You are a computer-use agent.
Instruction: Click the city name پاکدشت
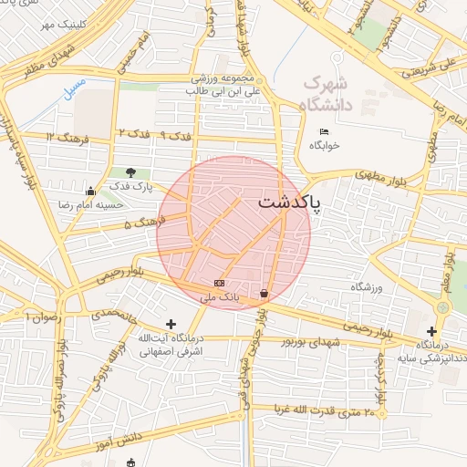pos(289,202)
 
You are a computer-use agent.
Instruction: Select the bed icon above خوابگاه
pos(325,132)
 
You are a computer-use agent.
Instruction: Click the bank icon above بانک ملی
pos(219,284)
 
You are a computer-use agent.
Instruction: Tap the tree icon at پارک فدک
pos(131,172)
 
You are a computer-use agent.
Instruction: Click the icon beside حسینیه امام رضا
pos(89,192)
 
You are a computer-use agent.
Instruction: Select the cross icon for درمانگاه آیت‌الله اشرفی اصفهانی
pos(171,324)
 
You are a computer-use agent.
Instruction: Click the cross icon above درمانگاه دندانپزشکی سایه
pos(431,331)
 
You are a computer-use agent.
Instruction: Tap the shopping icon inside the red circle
pos(265,294)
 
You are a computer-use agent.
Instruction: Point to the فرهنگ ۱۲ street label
pos(78,138)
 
